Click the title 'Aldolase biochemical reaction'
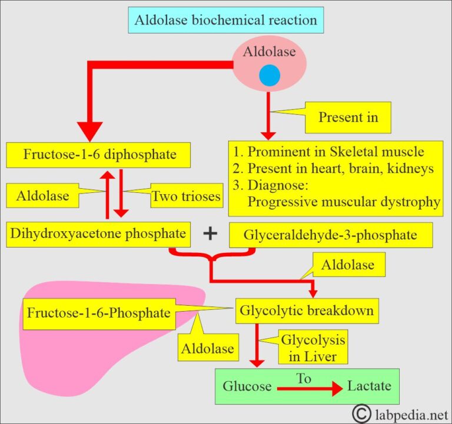click(225, 21)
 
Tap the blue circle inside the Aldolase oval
click(269, 76)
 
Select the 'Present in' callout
click(348, 117)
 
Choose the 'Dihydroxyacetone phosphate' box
click(98, 233)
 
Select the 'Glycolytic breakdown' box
click(306, 311)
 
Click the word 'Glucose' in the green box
click(247, 386)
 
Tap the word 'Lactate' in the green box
click(368, 386)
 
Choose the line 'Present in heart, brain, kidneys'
click(333, 168)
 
